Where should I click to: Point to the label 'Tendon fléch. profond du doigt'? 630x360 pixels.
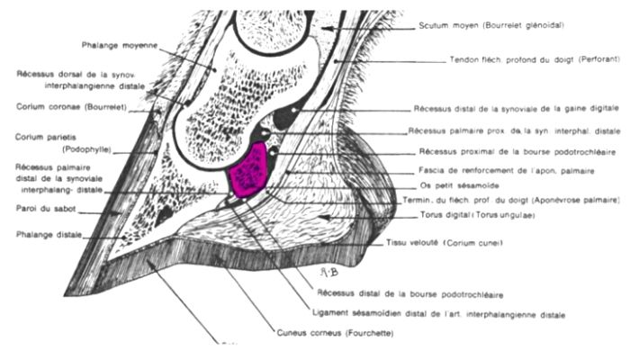506,60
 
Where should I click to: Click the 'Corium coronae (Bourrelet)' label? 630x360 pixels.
71,105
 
